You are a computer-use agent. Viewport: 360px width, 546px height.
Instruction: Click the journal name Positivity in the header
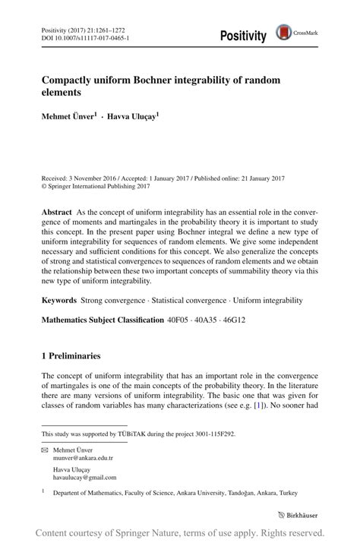pyautogui.click(x=243, y=36)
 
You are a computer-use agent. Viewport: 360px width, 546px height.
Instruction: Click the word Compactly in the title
pyautogui.click(x=70, y=80)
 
